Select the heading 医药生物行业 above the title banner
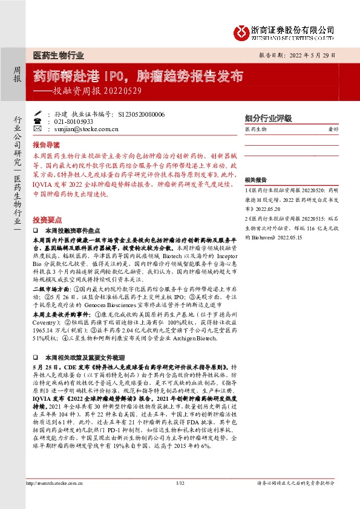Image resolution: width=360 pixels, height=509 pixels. [x=58, y=54]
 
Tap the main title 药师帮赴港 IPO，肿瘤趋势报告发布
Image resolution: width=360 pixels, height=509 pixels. [x=138, y=76]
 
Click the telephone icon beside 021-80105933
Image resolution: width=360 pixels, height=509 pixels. [x=39, y=121]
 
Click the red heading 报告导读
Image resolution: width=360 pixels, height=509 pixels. [x=46, y=146]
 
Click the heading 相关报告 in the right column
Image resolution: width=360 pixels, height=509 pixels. [x=255, y=180]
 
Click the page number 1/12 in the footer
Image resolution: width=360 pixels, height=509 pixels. [x=180, y=499]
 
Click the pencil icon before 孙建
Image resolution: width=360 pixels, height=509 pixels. [x=39, y=114]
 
